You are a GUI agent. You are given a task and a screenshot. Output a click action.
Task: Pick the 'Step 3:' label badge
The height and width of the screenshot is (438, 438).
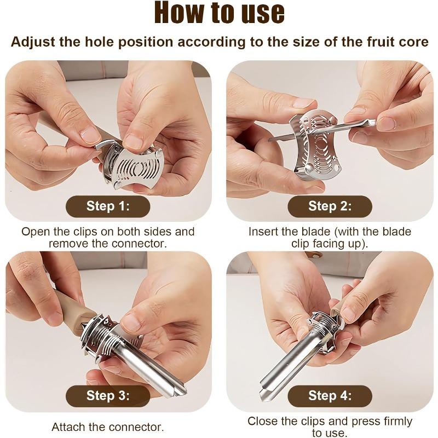pos(108,396)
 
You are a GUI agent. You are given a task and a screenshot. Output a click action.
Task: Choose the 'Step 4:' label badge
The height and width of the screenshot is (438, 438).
pos(330,396)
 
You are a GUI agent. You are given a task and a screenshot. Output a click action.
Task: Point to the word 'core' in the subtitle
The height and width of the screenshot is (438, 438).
pos(412,42)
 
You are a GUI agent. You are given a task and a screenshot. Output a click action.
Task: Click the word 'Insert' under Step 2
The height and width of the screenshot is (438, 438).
pos(266,232)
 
